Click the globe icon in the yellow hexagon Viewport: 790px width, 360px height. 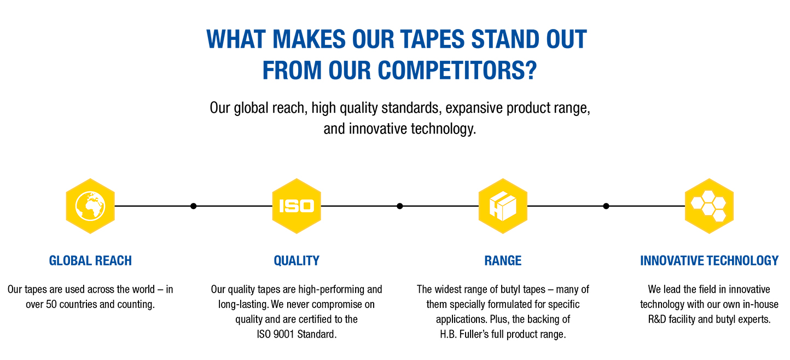(90, 206)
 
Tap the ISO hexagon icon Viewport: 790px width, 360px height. (297, 206)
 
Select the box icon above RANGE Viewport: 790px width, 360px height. (503, 206)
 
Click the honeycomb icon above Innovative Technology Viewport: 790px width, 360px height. (709, 206)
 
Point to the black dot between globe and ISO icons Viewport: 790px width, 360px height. (193, 206)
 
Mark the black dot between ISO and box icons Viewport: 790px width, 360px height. (399, 206)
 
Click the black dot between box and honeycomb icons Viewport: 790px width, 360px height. (606, 206)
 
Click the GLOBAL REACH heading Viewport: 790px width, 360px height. (90, 260)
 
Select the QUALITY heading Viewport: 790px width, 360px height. (297, 260)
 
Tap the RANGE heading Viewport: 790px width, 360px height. (503, 260)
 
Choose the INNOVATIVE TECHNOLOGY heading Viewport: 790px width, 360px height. (709, 260)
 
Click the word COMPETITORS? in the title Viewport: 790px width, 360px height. (457, 70)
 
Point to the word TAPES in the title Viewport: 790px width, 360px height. (432, 39)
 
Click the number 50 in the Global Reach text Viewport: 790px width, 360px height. (51, 304)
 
